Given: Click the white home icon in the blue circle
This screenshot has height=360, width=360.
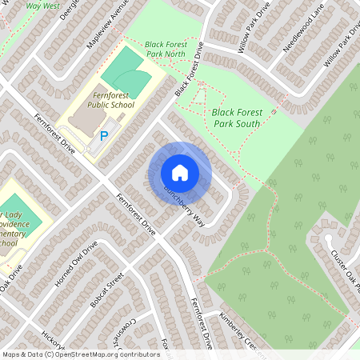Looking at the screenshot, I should (x=180, y=173).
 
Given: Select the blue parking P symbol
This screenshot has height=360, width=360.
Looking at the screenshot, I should (x=103, y=138).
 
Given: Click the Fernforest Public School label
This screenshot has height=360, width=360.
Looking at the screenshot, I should (x=110, y=98).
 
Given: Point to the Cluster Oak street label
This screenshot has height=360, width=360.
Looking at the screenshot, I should (x=346, y=270).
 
